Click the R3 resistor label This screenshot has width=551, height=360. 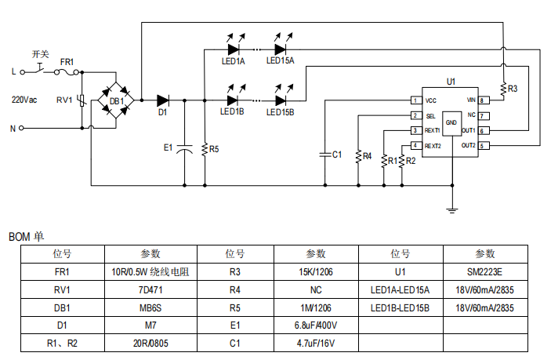pos(513,89)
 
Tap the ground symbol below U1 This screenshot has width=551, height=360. pos(451,209)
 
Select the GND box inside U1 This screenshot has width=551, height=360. pos(451,123)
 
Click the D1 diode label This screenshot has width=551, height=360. pos(162,113)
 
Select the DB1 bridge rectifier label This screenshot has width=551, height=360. pos(116,101)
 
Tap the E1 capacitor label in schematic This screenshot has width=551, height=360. pos(167,147)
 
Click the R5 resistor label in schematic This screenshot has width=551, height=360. pos(214,148)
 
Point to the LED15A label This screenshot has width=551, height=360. pos(280,60)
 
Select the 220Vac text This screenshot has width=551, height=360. pos(24,100)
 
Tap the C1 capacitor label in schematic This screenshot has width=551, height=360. pos(337,155)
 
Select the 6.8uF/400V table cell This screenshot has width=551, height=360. pos(317,325)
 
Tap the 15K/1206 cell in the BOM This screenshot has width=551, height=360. pos(317,271)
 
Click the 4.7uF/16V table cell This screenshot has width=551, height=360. pos(317,343)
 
